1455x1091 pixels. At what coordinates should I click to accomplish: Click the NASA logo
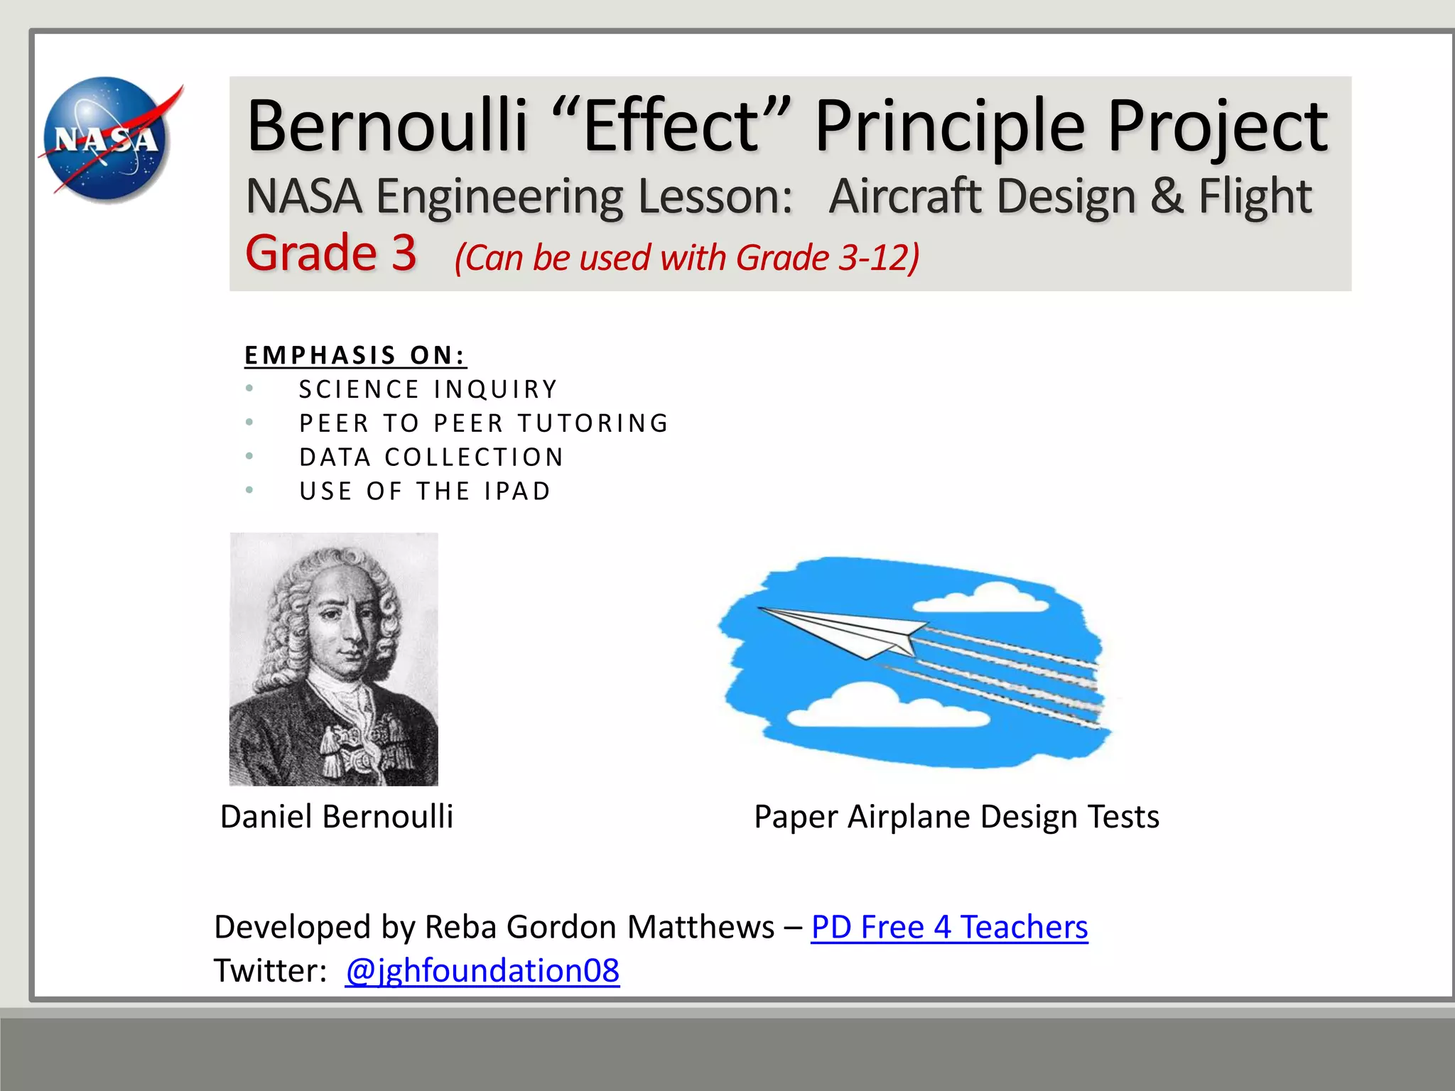108,139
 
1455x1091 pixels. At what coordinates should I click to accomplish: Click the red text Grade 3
331,253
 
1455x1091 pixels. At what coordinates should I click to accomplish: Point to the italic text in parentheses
686,257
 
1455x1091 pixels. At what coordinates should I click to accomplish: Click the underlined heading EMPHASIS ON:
355,355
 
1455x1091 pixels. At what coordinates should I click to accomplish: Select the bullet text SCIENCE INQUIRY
428,389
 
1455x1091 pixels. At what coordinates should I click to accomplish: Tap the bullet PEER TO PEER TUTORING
484,423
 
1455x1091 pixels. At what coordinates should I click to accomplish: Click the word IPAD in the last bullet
517,492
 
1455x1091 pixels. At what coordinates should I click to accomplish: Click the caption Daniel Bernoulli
337,817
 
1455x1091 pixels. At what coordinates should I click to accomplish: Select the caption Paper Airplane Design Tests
956,817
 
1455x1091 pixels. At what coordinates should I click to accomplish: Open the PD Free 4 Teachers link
949,927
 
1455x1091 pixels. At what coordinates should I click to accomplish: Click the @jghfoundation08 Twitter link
482,971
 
